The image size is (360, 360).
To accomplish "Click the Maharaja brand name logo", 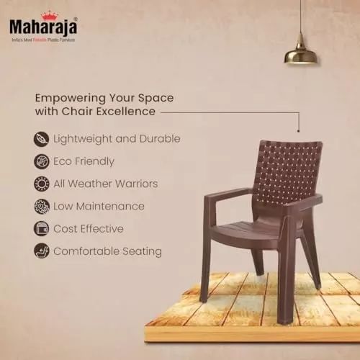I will [42, 26].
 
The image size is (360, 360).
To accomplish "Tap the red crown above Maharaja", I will [50, 14].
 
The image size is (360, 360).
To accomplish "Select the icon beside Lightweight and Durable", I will [41, 138].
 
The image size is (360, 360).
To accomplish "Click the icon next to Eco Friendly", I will [41, 161].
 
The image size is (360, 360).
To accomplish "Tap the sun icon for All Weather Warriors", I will [41, 184].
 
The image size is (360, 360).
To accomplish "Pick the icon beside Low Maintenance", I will [41, 207].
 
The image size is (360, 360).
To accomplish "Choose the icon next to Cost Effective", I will [41, 229].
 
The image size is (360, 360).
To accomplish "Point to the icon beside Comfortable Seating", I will [41, 251].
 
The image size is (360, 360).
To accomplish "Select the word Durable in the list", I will [159, 138].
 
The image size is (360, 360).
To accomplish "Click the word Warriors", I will [133, 184].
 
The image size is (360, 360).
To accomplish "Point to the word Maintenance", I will [111, 207].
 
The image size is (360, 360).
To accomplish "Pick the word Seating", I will [140, 251].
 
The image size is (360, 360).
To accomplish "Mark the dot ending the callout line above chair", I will [298, 130].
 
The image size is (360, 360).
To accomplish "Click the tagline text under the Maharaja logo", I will [42, 39].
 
